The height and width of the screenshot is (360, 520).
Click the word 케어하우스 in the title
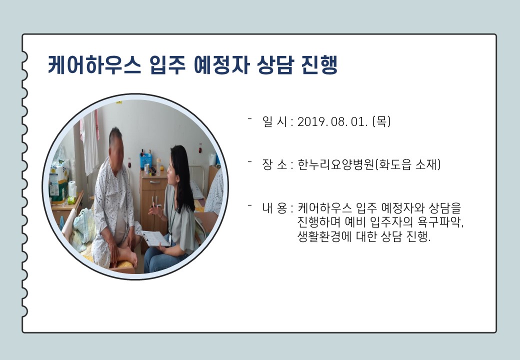coord(95,64)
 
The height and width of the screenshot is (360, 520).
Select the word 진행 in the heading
coord(319,64)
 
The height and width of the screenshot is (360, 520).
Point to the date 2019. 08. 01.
coord(332,121)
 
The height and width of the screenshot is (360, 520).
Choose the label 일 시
coord(274,121)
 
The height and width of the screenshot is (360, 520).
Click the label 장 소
coord(274,164)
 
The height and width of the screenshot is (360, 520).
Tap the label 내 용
coord(274,208)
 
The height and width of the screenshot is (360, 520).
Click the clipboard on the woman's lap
coord(155,238)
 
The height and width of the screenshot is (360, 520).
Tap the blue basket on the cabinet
coord(146,160)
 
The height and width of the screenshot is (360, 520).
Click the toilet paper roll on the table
coord(72,188)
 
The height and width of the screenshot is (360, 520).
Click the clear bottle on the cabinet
coord(158,166)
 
